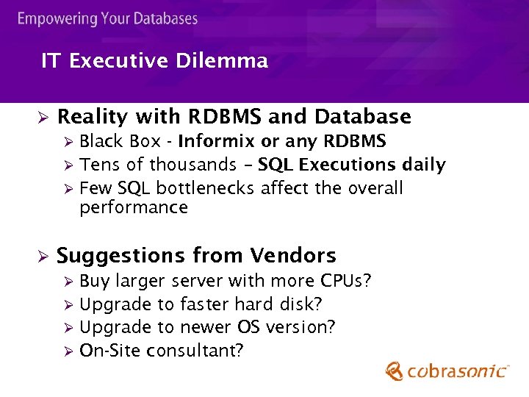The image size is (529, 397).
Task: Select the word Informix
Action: [217, 140]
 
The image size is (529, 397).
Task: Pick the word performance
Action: [134, 207]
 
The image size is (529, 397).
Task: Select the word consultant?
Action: [195, 351]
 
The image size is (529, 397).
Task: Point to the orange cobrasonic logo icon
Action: [395, 371]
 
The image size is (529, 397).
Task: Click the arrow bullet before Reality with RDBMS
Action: [43, 118]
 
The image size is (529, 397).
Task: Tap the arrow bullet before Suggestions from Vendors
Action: [43, 257]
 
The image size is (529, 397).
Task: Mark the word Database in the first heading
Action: [363, 117]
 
